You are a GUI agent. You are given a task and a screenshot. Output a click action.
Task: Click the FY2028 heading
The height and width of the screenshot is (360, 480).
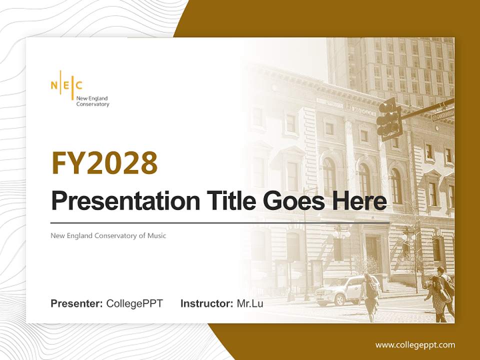tap(104, 163)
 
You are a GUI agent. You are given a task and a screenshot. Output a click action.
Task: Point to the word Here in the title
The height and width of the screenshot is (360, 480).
tap(361, 201)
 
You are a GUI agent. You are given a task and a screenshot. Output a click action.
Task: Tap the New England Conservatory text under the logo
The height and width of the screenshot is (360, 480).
tap(92, 101)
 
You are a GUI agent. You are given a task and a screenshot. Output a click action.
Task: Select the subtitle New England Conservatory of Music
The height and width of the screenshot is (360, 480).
tap(108, 235)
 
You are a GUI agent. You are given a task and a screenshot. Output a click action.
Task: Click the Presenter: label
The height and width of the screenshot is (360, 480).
tap(77, 303)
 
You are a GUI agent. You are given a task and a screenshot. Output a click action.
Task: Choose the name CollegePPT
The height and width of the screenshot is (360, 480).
tap(134, 303)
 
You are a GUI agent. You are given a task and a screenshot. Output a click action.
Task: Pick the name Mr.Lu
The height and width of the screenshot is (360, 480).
tap(250, 303)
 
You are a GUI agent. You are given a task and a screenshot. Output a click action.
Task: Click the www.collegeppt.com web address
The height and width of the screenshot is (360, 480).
tap(415, 344)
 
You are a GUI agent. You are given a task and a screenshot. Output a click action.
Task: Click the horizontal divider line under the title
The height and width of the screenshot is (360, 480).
tap(220, 222)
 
